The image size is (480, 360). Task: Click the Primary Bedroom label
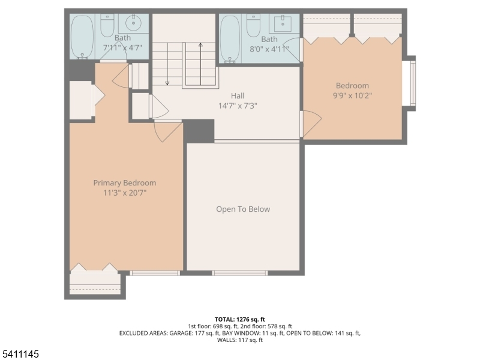click(x=125, y=183)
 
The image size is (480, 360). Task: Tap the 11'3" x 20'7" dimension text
click(x=125, y=193)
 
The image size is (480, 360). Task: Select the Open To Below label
click(x=243, y=209)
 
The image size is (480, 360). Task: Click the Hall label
click(x=238, y=96)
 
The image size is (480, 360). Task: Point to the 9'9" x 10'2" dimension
click(x=352, y=95)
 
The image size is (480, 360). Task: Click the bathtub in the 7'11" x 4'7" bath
click(x=82, y=37)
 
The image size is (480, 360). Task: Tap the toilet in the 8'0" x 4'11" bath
click(x=253, y=26)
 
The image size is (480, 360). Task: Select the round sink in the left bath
click(x=133, y=22)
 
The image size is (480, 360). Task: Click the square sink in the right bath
click(x=283, y=23)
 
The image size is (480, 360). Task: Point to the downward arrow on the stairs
click(x=167, y=64)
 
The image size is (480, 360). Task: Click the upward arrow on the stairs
click(x=200, y=64)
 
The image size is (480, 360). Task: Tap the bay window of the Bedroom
click(x=409, y=83)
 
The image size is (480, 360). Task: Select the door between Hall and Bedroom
click(x=311, y=124)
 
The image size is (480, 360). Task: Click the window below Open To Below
click(x=240, y=273)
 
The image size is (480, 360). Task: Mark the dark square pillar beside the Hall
click(x=199, y=131)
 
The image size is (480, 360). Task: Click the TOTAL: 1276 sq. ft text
click(x=240, y=320)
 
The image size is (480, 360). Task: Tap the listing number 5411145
click(x=20, y=354)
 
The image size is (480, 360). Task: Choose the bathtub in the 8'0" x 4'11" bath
click(x=230, y=38)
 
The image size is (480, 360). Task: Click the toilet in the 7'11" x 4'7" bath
click(x=107, y=25)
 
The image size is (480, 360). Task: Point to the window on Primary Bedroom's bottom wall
click(x=155, y=273)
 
